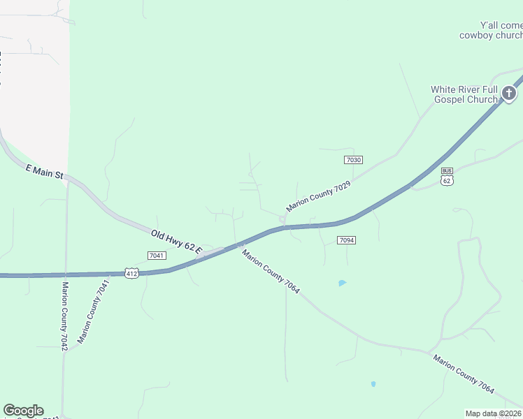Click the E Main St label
[45, 172]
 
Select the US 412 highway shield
[132, 272]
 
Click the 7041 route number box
[157, 256]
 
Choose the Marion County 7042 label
[64, 316]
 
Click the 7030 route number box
[354, 160]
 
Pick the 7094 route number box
[347, 240]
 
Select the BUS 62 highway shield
[447, 176]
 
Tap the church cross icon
[509, 93]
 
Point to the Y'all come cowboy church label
[491, 29]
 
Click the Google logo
[23, 411]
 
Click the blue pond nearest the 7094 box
[342, 283]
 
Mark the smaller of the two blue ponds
[373, 383]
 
